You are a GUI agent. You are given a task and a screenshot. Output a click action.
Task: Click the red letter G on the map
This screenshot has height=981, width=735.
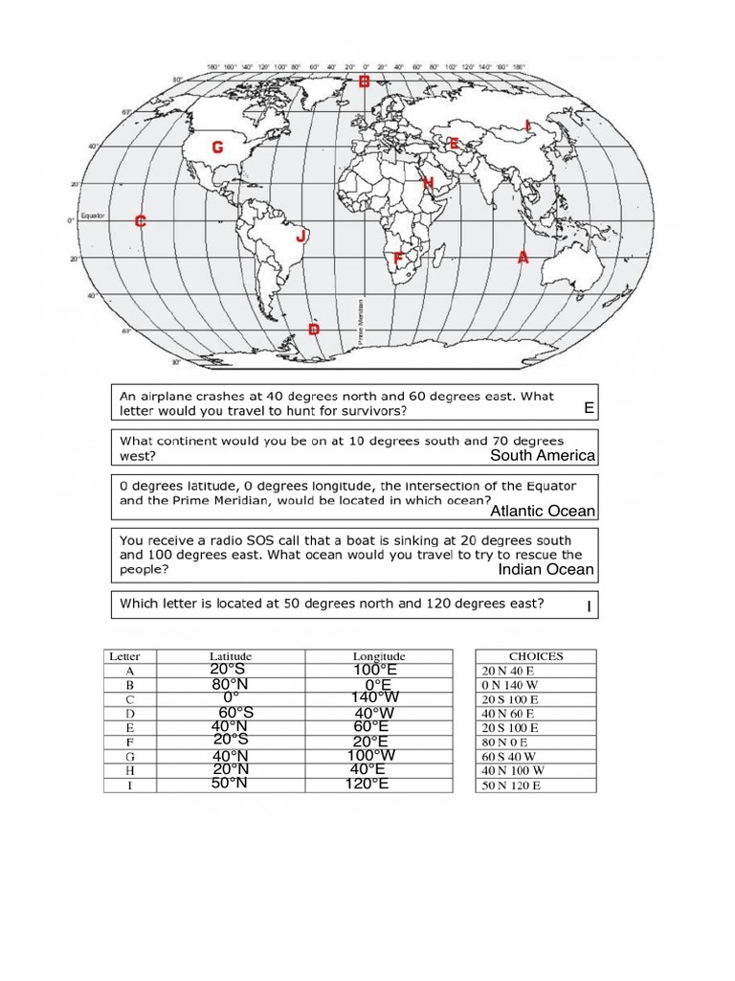(217, 148)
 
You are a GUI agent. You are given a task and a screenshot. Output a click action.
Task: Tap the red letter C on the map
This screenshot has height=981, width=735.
(140, 221)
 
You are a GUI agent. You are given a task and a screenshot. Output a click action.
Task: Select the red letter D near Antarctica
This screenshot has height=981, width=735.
(313, 330)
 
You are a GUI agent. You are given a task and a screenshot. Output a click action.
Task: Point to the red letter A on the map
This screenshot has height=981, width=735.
(523, 257)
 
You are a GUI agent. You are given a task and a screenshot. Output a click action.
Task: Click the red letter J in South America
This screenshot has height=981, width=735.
(301, 235)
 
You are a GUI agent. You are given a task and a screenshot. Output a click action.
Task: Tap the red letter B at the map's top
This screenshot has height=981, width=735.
(364, 83)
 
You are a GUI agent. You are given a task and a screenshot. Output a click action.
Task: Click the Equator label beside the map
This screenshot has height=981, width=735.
(93, 216)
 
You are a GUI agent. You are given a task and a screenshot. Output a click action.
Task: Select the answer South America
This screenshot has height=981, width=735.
(543, 455)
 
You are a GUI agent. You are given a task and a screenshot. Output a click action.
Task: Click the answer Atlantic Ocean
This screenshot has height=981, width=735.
(543, 512)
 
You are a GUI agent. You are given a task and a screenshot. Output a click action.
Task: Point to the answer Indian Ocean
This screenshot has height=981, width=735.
(546, 570)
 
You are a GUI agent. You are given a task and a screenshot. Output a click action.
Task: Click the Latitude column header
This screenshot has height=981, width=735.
(230, 656)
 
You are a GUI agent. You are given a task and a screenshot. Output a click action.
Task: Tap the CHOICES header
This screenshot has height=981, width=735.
(535, 656)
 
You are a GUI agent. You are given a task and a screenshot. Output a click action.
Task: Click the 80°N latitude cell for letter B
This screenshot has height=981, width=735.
(230, 684)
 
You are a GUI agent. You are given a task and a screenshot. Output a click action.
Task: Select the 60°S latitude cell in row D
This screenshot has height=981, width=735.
(235, 713)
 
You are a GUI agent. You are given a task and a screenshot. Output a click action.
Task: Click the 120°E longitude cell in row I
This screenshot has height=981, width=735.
(367, 785)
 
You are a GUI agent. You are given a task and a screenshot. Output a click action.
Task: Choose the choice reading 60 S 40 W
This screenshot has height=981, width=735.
(509, 756)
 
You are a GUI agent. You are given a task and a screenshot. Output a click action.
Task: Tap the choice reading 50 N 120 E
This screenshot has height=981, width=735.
(511, 786)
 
